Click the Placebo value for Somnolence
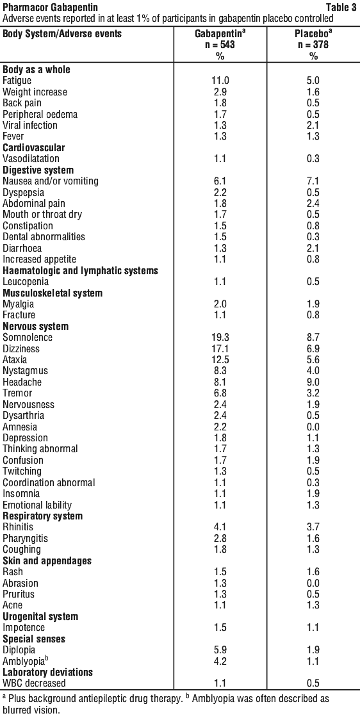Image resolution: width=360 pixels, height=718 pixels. pos(313,338)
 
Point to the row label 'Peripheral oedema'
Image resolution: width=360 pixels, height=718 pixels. pos(40,114)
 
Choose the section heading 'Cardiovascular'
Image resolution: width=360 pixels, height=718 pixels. pos(34,147)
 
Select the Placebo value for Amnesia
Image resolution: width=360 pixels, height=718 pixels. pos(313,427)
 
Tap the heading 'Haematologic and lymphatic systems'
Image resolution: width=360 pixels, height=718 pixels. pos(81,271)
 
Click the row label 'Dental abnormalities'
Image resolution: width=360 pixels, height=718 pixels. pos(44,237)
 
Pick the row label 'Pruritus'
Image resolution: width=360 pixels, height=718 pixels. pos(19,594)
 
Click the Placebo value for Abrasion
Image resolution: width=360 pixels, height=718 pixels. pos(313,583)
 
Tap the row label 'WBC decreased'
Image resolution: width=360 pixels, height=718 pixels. pos(34,683)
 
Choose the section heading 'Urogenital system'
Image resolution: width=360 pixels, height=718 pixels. pos(40,616)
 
